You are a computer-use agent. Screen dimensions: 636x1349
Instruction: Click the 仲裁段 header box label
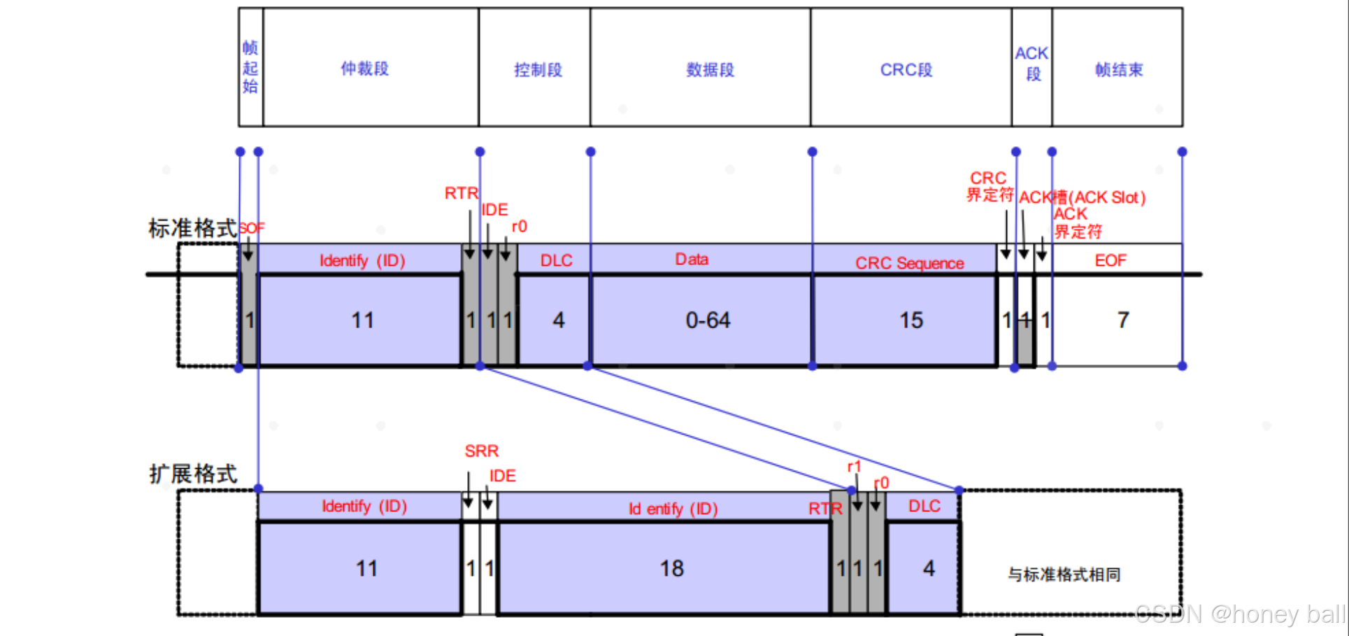coord(364,69)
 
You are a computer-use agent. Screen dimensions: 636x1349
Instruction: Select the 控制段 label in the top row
coord(538,70)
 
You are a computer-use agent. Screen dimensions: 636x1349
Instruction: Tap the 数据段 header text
coord(710,70)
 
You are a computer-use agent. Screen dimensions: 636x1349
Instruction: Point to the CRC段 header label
coord(906,70)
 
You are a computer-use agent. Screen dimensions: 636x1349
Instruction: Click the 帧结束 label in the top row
coord(1119,70)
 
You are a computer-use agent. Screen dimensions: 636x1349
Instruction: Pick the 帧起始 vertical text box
coord(250,67)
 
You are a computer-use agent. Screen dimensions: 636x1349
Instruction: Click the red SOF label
coord(252,228)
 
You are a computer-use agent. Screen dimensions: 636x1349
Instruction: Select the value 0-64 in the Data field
coord(708,320)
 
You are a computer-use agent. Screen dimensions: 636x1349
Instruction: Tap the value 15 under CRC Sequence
coord(911,320)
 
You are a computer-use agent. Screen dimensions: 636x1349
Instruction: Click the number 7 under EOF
coord(1123,320)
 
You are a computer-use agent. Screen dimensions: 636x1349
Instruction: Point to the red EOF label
coord(1111,260)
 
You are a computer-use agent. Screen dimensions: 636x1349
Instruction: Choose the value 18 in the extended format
coord(672,568)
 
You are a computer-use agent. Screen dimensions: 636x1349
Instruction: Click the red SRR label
coord(482,451)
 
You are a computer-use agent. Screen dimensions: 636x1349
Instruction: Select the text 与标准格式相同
coord(1064,574)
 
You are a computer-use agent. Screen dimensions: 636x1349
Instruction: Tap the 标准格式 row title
coord(192,228)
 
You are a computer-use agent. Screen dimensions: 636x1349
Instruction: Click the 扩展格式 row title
coord(193,474)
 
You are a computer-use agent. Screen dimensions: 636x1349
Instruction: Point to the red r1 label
coord(854,466)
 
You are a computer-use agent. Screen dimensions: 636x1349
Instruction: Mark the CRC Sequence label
coord(909,263)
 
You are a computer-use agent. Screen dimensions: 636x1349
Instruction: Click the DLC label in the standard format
coord(556,260)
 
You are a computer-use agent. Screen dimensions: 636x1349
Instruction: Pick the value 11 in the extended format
coord(366,568)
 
